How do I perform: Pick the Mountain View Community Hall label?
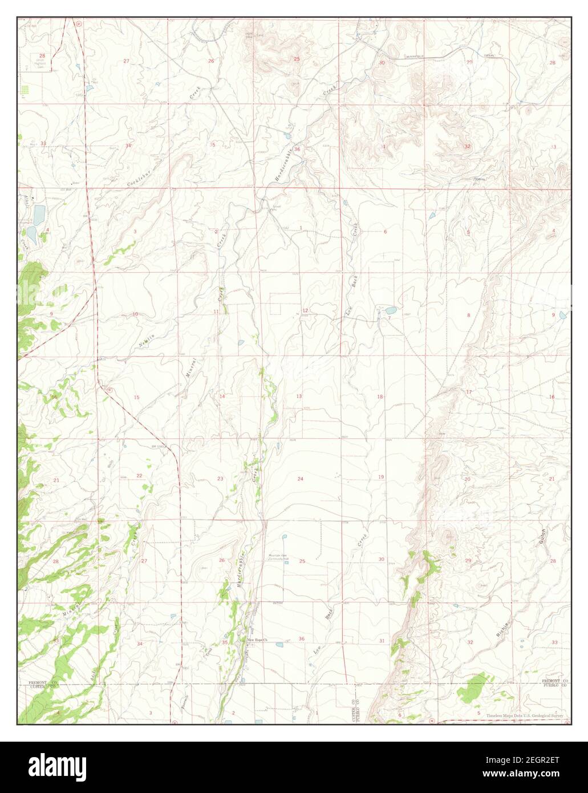279,556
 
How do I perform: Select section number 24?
300,478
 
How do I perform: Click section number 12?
306,310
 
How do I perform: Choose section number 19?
380,477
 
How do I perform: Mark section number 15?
136,397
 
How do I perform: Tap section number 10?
135,314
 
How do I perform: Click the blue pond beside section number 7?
391,310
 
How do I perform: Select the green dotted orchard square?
25,90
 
